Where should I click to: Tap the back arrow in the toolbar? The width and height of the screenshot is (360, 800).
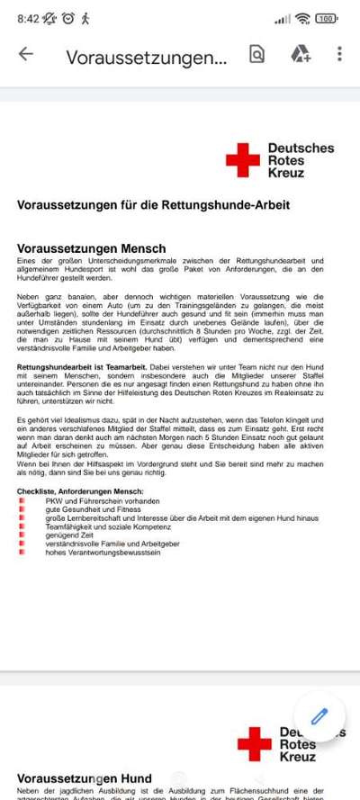pos(25,54)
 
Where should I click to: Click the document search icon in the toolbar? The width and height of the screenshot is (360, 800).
pos(257,54)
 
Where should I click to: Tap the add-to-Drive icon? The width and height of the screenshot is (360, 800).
pos(300,54)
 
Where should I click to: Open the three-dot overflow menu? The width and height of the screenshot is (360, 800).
pos(339,54)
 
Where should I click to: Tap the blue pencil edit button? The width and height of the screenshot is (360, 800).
pos(319,717)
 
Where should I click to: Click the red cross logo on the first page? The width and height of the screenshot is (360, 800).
pos(241,160)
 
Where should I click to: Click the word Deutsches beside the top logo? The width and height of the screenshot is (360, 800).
pos(301,148)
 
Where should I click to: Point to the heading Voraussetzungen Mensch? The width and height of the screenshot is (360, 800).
pos(91,248)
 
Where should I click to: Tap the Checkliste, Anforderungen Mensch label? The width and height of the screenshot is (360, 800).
pos(80,491)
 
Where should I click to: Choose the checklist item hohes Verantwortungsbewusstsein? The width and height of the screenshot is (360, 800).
pos(103,553)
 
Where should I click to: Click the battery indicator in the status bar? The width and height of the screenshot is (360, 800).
pos(326,18)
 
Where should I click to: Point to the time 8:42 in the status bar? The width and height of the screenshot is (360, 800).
pos(28,18)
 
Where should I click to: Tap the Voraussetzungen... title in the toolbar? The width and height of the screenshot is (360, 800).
pos(146,57)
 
